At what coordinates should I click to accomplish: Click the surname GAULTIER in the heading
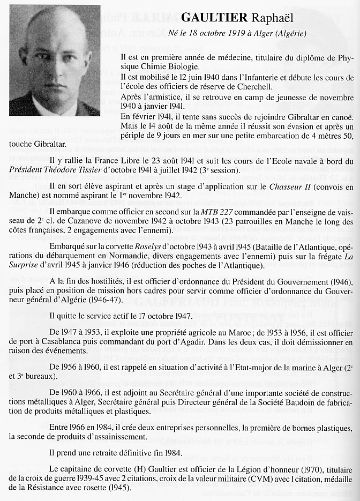[x=214, y=18]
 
